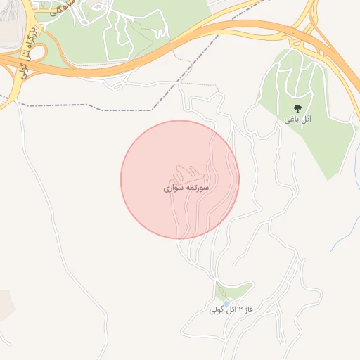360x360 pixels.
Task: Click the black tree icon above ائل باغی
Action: (297, 109)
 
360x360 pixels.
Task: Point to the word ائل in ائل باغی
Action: (307, 120)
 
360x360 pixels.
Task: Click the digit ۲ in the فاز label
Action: (240, 309)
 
